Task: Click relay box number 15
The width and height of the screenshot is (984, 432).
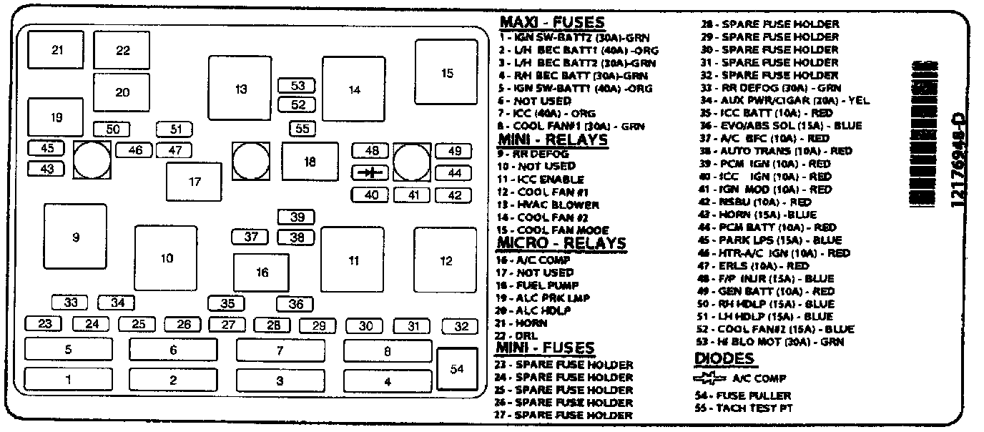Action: click(446, 72)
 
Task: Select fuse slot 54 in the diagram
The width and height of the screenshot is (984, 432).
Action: click(457, 369)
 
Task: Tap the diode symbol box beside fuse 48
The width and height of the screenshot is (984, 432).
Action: click(370, 172)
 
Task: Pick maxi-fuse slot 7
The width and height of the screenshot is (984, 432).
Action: click(280, 350)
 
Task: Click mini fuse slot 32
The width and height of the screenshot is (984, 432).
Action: click(461, 326)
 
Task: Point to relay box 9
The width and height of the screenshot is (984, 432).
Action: click(75, 237)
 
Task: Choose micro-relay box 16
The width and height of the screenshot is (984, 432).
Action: click(262, 273)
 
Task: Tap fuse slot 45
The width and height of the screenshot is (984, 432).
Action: click(47, 148)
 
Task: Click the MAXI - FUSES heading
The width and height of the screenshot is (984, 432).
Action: click(551, 23)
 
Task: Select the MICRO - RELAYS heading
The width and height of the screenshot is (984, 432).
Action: click(561, 243)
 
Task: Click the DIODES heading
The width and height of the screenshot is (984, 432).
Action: click(724, 359)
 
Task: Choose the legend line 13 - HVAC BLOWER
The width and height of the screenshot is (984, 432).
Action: click(548, 205)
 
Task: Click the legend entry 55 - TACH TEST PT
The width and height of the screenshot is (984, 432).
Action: click(744, 408)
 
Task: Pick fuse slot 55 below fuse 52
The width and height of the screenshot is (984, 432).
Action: click(303, 129)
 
